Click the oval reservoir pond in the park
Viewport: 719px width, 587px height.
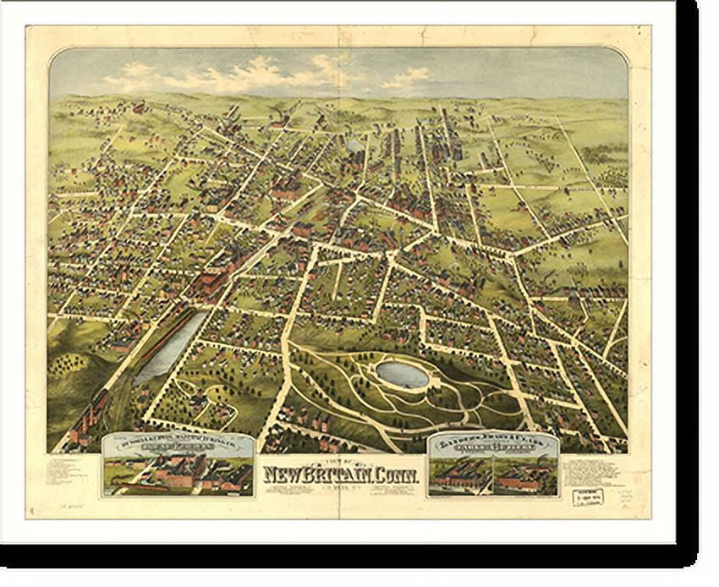(x=402, y=374)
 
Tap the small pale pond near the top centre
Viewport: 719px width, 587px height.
(x=353, y=145)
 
